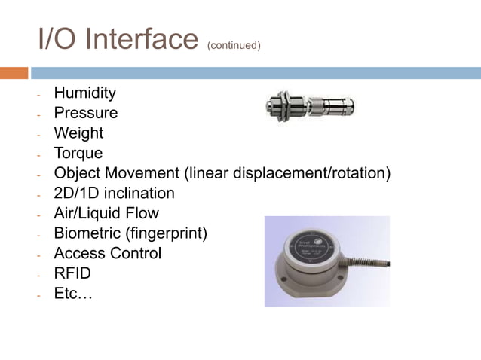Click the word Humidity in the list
(84, 93)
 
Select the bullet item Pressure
(85, 113)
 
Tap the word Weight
(78, 133)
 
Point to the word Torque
(78, 154)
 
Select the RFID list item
(72, 273)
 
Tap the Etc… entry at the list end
(72, 294)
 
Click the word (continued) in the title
(233, 45)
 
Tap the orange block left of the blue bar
(14, 73)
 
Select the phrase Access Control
(107, 254)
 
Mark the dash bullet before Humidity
(37, 95)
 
